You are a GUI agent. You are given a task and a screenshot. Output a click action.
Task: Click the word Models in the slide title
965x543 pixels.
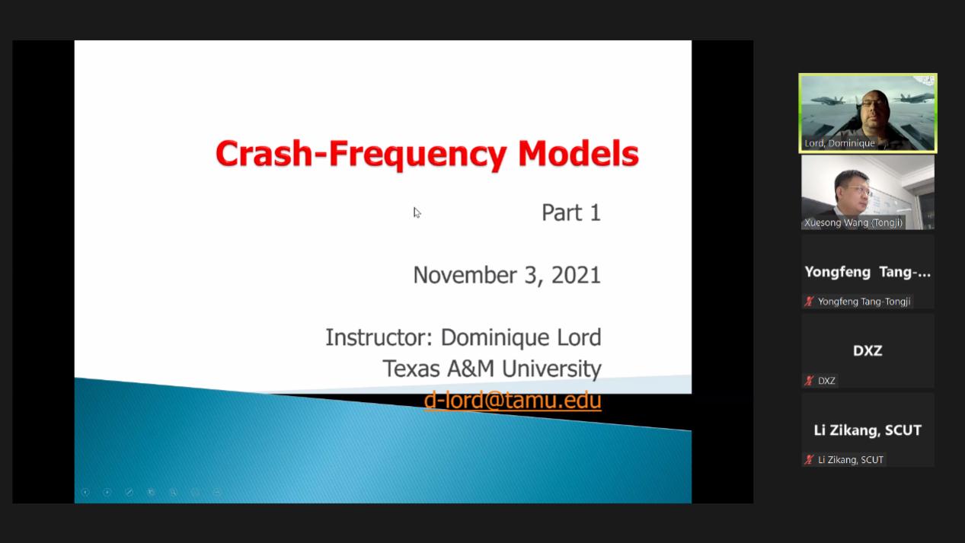point(578,153)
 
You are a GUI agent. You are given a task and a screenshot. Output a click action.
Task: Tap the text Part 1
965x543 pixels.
point(570,212)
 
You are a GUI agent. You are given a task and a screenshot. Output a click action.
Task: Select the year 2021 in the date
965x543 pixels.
point(576,275)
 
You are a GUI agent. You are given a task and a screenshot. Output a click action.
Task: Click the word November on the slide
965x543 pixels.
point(465,275)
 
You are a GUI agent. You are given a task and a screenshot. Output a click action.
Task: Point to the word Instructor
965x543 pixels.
point(379,337)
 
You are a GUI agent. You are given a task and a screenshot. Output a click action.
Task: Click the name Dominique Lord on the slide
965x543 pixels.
point(521,337)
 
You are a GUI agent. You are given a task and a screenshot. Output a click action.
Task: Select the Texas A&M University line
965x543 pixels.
point(491,369)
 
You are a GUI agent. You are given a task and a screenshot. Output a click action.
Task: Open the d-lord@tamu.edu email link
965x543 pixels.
point(513,400)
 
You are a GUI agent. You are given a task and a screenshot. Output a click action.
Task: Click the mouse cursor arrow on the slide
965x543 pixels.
point(417,212)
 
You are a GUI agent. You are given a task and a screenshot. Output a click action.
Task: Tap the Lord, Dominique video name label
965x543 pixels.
point(839,143)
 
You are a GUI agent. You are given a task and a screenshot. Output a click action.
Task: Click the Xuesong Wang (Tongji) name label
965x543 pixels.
point(853,222)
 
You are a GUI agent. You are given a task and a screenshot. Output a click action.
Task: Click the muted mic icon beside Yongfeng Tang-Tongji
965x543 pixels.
point(809,301)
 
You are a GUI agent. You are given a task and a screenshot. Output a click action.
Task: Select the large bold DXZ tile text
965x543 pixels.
point(868,350)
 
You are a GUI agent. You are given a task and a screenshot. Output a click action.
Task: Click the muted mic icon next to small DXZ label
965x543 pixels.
point(809,380)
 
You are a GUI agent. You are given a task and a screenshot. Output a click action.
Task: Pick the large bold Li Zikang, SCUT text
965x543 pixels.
point(868,430)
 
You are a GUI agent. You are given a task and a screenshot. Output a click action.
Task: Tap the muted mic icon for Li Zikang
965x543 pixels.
point(809,459)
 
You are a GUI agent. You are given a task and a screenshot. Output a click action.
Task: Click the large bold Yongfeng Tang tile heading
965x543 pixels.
point(868,272)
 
